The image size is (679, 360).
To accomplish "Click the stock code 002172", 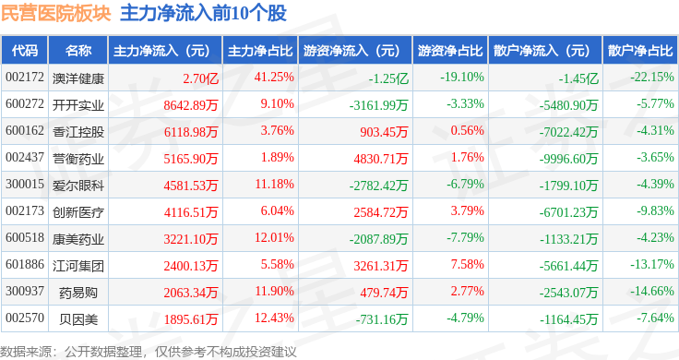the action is (x=25, y=78).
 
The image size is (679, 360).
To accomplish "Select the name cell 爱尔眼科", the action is (x=77, y=186).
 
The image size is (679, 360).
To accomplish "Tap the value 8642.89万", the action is (x=191, y=105).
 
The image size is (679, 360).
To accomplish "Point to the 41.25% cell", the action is (x=274, y=78).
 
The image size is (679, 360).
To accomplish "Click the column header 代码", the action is (x=25, y=50).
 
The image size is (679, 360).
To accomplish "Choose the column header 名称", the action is (x=77, y=50).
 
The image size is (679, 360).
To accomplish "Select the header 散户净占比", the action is (x=640, y=50).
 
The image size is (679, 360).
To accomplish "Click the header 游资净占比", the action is (x=450, y=50).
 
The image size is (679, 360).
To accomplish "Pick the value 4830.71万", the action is (x=381, y=159).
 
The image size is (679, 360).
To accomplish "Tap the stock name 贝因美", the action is (x=78, y=319).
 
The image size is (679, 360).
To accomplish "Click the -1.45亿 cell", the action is (x=578, y=78).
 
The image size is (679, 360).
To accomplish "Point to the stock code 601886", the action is (x=25, y=264).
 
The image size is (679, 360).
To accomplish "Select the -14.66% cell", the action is (x=651, y=291).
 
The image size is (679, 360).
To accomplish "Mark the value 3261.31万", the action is (x=381, y=266).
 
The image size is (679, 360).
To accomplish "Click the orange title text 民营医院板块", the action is (x=56, y=13).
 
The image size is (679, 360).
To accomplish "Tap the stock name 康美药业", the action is (x=77, y=239).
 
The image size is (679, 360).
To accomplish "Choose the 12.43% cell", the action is (x=274, y=318).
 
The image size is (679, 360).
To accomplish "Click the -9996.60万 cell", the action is (x=568, y=159).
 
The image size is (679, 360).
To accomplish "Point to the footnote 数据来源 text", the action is (x=26, y=352).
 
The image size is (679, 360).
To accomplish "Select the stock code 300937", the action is (x=25, y=291).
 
